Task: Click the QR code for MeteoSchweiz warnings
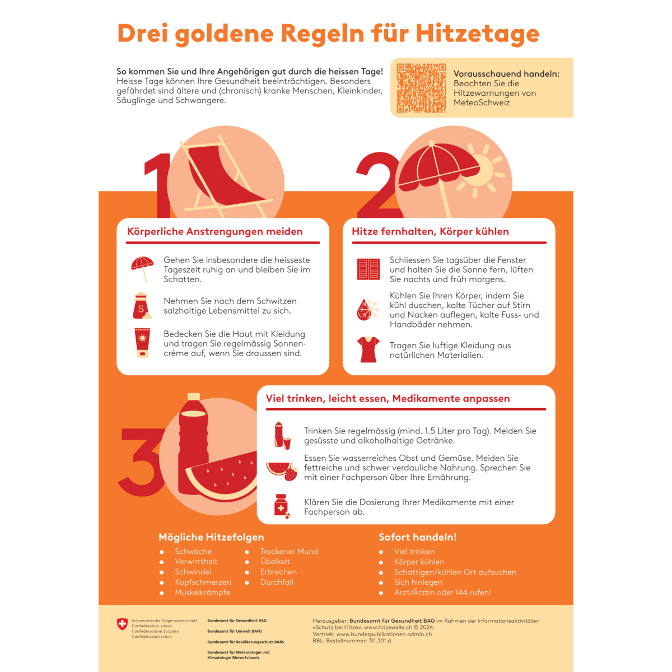coord(421,88)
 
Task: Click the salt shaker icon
coord(141,306)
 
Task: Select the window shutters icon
coord(368,269)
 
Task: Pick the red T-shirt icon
coord(368,350)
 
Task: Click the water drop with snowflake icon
coord(368,310)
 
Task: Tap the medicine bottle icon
coord(281,506)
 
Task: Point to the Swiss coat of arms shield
coord(122,624)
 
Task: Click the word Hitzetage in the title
coord(477,34)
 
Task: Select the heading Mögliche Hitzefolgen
coord(211,537)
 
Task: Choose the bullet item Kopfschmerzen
coord(203,582)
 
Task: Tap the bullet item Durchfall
coord(277,582)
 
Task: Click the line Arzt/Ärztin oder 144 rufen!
coord(442,592)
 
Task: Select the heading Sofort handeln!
coord(417,537)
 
